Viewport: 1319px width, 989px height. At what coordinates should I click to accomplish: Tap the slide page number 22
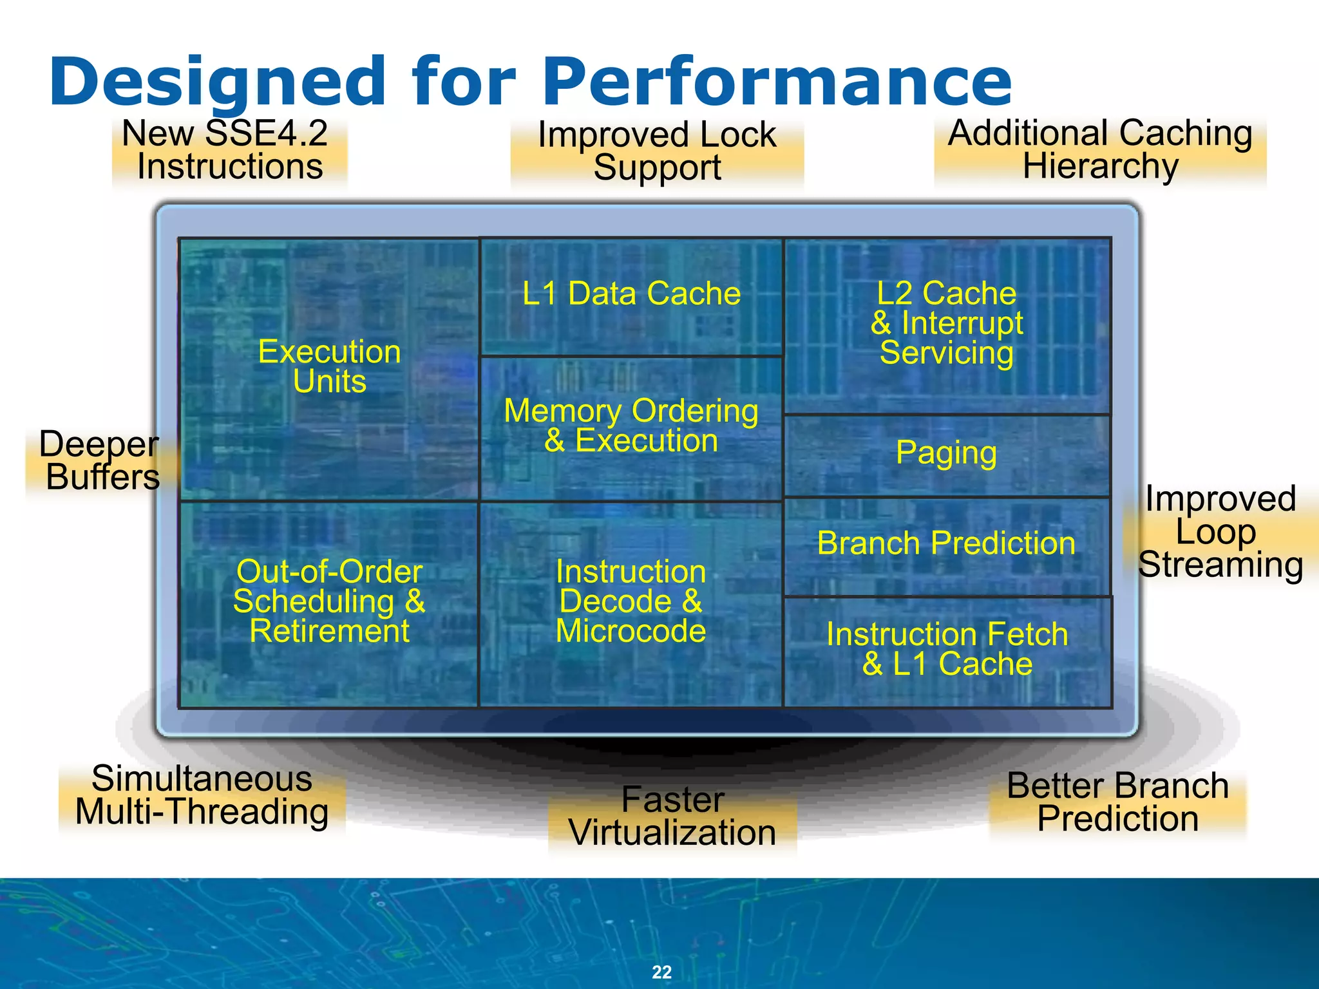click(661, 972)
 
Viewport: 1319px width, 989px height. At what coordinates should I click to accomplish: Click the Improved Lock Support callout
click(657, 151)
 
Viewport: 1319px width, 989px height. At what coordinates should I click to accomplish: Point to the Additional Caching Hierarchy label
click(1100, 149)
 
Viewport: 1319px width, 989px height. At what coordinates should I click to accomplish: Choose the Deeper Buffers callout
click(100, 460)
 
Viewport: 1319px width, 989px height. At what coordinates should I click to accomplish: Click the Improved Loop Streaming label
click(1220, 532)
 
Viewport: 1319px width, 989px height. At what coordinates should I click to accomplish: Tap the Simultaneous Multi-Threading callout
click(202, 795)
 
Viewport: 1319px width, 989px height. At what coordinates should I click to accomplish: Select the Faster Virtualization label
click(672, 816)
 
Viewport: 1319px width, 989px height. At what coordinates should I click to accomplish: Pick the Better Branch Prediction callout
click(1117, 802)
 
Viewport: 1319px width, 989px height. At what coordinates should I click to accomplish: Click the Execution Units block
click(329, 367)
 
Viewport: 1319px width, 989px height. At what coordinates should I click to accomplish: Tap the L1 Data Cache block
click(631, 294)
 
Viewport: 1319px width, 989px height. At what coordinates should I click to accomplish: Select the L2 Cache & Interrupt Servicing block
click(947, 323)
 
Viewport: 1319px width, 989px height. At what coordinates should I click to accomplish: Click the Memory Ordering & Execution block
click(631, 426)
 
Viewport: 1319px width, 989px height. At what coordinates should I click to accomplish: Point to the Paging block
click(946, 453)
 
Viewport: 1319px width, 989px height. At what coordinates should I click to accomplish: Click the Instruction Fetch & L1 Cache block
click(947, 649)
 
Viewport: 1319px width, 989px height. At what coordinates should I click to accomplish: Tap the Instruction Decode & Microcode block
click(631, 601)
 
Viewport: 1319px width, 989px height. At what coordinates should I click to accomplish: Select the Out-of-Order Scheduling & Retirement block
click(329, 601)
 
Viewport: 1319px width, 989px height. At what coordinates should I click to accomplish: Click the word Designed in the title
click(217, 82)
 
